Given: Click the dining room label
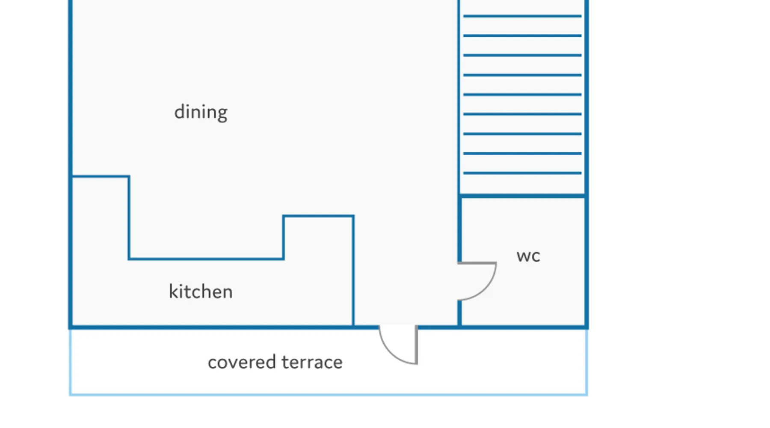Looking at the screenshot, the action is click(x=201, y=113).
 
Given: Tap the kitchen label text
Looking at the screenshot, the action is click(x=201, y=291).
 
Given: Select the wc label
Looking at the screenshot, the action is click(x=528, y=256).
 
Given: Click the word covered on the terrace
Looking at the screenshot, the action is click(x=242, y=362).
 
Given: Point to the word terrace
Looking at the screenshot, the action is click(x=312, y=362).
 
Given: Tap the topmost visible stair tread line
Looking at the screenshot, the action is click(x=522, y=16).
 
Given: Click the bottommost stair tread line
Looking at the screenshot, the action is click(x=522, y=173).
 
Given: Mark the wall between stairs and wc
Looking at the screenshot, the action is click(x=522, y=196).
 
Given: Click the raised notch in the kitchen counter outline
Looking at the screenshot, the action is click(x=318, y=216).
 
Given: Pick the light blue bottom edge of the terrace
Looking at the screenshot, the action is click(x=329, y=394).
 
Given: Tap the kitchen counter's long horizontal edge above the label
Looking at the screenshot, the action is click(x=206, y=259).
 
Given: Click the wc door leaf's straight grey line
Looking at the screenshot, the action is click(x=477, y=263).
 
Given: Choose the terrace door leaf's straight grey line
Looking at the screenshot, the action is click(x=416, y=345).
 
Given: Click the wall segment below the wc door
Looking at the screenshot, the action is click(x=459, y=313).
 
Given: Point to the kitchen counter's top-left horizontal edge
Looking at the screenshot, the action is click(x=101, y=176).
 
